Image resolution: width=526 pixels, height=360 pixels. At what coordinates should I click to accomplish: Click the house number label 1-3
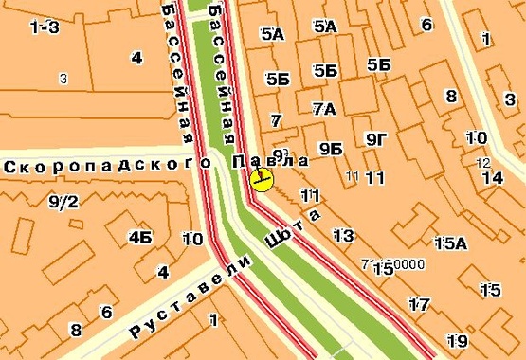45,27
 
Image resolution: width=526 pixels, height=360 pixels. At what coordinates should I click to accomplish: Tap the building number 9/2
63,201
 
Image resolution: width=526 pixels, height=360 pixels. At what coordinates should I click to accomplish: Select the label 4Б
141,236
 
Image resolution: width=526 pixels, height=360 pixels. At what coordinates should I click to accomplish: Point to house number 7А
324,109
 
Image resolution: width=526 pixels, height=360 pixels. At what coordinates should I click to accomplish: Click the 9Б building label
330,149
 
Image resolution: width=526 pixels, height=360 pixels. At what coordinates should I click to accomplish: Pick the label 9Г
376,140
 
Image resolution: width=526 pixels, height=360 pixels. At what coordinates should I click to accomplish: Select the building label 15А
450,243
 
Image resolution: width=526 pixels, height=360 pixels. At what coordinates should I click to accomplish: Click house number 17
419,304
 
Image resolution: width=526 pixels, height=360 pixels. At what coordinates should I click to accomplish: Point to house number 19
458,340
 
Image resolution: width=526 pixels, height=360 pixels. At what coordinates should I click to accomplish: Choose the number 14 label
492,177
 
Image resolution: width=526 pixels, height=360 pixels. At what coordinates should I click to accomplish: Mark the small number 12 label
483,162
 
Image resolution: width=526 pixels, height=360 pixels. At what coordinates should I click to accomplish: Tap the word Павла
270,162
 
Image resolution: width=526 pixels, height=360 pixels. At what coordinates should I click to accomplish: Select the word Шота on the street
293,229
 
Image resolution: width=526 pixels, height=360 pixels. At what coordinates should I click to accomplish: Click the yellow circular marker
263,180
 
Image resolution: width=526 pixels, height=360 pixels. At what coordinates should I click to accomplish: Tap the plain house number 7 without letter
276,120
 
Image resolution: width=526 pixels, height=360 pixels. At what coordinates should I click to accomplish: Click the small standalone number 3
63,79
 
